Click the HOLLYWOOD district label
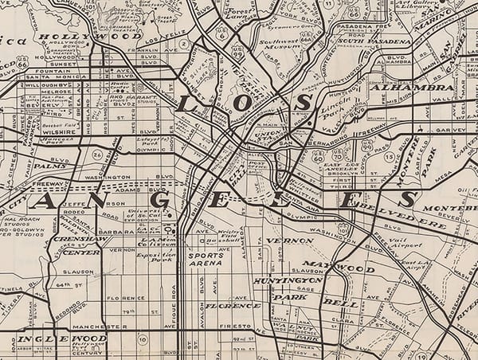(x=91, y=36)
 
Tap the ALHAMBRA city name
(x=402, y=87)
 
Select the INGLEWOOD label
(x=53, y=338)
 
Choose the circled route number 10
(x=143, y=340)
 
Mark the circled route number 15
(x=389, y=157)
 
